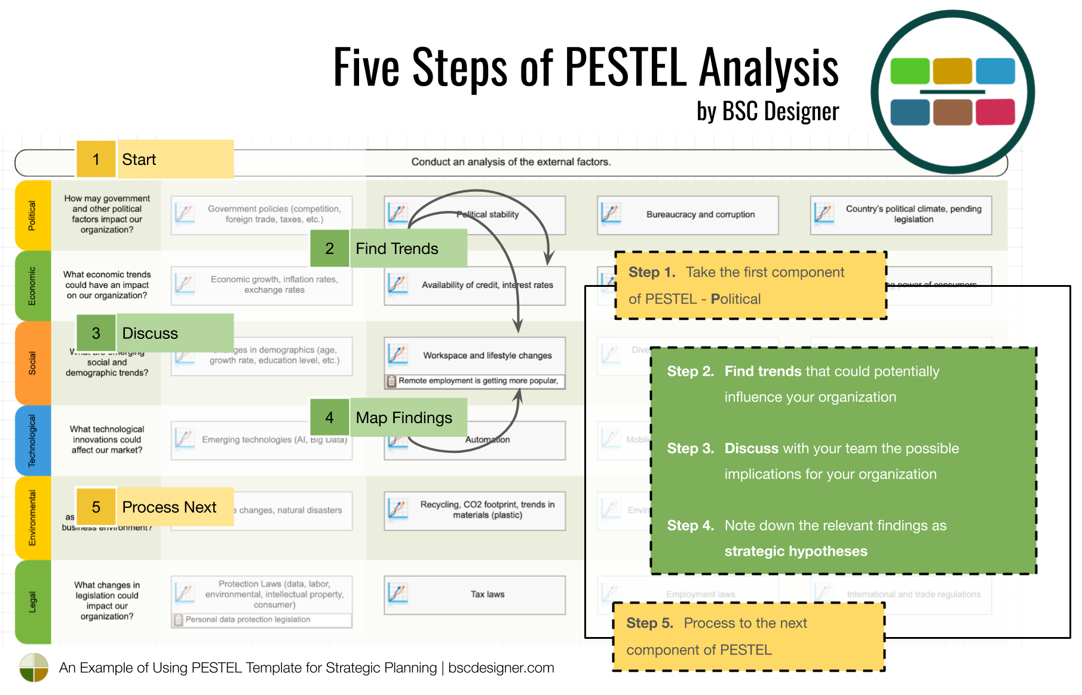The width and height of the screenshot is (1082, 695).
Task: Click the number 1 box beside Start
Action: click(x=96, y=160)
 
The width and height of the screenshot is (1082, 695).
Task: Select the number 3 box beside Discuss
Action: click(x=96, y=333)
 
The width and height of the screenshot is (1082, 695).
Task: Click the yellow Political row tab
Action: click(x=32, y=215)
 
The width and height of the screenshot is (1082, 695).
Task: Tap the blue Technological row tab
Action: click(x=32, y=440)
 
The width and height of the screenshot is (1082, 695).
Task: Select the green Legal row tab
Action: click(x=32, y=602)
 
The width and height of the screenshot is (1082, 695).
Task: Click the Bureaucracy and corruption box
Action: click(x=688, y=215)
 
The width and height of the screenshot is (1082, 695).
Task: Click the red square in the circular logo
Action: click(x=995, y=112)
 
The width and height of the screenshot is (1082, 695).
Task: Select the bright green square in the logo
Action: click(x=909, y=71)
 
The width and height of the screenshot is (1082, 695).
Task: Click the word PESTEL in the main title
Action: click(x=626, y=67)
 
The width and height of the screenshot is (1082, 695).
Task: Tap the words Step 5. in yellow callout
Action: click(x=649, y=623)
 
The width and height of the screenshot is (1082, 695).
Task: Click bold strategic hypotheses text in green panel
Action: click(x=795, y=551)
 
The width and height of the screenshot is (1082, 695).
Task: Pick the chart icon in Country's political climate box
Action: click(x=824, y=213)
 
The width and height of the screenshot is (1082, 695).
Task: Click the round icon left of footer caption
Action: click(x=33, y=668)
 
